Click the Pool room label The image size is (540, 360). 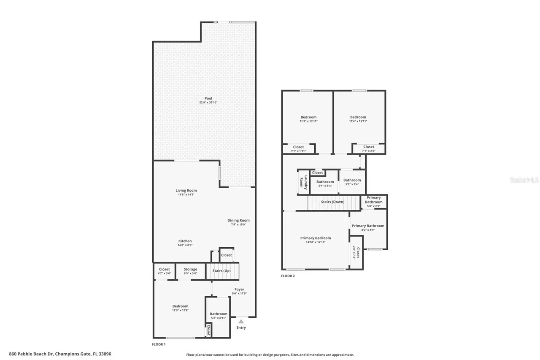point(205,98)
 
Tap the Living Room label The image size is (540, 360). point(186,190)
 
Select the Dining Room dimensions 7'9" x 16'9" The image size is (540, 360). point(238,225)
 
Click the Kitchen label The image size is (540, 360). point(185,241)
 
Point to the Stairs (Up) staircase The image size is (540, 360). point(222,271)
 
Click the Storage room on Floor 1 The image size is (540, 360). point(190,271)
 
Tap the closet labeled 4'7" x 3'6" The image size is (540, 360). point(164,271)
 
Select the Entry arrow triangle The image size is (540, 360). point(241,321)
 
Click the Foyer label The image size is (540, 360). point(239,290)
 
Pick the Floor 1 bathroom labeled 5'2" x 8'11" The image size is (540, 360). point(219,316)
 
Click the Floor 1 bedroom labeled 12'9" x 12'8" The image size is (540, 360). point(180,308)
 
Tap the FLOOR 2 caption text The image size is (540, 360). point(288,276)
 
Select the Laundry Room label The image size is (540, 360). point(302,182)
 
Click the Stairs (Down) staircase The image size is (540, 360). point(332,202)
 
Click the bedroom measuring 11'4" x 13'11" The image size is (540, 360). point(358,119)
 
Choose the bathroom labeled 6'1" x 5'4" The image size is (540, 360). point(325,184)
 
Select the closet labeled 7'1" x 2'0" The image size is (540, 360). point(368,149)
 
